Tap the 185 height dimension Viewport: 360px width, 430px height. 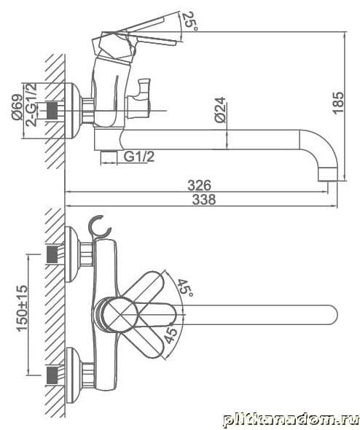click(x=338, y=103)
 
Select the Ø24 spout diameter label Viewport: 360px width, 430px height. click(x=220, y=110)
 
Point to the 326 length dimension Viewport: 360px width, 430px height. click(x=200, y=185)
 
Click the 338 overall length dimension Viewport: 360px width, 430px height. click(x=204, y=200)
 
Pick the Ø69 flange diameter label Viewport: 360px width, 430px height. click(x=17, y=107)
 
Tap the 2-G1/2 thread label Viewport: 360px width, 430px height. click(x=31, y=104)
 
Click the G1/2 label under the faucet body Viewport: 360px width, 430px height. click(x=139, y=157)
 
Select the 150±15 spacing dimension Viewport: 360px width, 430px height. click(x=23, y=308)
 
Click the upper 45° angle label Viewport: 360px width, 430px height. click(x=185, y=288)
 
